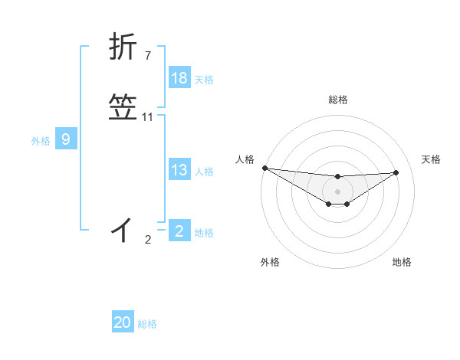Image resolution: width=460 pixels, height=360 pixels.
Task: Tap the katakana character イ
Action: click(x=123, y=228)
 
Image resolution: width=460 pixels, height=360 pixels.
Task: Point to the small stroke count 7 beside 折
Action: click(x=147, y=55)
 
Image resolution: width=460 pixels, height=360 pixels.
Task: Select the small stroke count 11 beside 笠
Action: click(x=147, y=117)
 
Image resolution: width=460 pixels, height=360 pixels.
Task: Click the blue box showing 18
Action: click(x=179, y=78)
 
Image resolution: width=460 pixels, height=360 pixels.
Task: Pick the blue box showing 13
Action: click(x=179, y=170)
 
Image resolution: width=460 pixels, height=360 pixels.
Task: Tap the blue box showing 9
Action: click(x=66, y=139)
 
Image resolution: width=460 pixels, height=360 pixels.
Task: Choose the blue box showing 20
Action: click(x=123, y=322)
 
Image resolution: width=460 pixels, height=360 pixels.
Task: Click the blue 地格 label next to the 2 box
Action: click(x=204, y=233)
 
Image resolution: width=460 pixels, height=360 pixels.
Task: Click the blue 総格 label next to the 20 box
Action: click(x=147, y=324)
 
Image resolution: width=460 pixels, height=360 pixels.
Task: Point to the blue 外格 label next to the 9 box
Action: click(x=41, y=141)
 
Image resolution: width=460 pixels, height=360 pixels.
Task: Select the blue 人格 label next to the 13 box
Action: click(x=204, y=172)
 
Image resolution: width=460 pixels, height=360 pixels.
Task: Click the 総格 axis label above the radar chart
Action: click(x=337, y=100)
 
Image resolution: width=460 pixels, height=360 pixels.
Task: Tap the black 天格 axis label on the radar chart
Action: click(x=431, y=159)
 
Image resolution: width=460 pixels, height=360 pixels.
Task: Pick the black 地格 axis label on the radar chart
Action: click(x=402, y=262)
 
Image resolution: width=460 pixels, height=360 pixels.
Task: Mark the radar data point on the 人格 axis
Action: click(x=264, y=168)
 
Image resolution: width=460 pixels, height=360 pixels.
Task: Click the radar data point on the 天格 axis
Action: click(x=396, y=172)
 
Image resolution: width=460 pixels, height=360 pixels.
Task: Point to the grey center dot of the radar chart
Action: click(x=337, y=191)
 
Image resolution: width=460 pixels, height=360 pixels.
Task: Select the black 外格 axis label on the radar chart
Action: click(x=270, y=262)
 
